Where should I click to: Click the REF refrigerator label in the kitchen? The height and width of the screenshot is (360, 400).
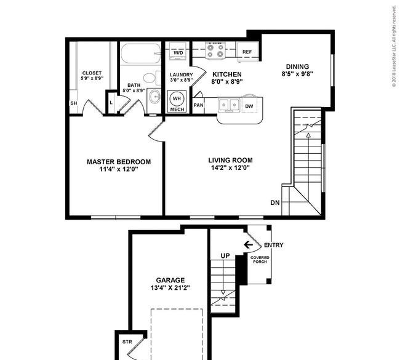point(247,52)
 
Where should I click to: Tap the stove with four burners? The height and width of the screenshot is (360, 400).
point(215,51)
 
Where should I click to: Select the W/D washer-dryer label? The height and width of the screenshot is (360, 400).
point(178,53)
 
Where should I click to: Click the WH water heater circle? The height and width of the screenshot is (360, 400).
point(177,98)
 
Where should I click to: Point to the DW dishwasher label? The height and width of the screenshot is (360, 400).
point(249,106)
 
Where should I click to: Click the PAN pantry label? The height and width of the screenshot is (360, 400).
point(199,105)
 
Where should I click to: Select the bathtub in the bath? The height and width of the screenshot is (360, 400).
point(140,54)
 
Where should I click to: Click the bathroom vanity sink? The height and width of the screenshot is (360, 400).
point(154,97)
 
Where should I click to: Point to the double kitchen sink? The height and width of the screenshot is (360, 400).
point(228,105)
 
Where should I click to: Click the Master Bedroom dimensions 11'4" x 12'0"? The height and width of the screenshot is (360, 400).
point(119,169)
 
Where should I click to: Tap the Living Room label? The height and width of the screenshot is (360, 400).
point(230,160)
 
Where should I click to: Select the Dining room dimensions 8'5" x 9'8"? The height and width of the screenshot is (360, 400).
point(297,74)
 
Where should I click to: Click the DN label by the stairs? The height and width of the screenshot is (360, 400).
point(275,203)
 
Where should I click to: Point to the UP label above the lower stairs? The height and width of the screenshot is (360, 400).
point(225,255)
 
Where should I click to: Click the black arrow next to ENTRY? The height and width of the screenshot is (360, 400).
point(248,245)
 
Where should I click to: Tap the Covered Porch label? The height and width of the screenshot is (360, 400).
point(260,260)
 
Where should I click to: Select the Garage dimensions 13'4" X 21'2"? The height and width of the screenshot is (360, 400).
point(170,288)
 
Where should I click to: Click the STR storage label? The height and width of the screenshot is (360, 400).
point(127,342)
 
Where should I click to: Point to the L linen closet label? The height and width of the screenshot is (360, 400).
point(111,103)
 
